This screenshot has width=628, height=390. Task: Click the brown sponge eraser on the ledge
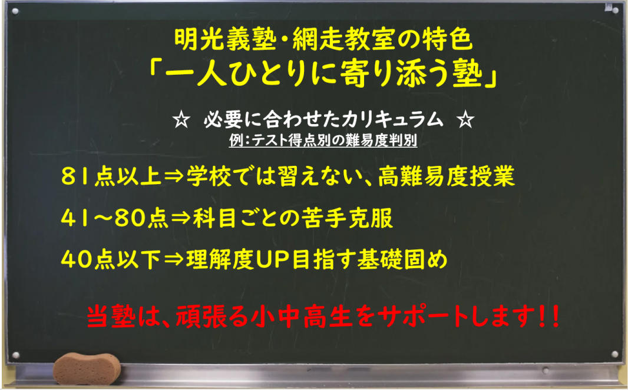87,368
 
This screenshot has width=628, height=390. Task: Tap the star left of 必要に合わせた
181,120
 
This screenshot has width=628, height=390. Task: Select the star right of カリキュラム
465,120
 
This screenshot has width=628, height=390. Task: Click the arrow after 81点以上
174,176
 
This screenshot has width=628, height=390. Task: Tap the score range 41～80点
115,218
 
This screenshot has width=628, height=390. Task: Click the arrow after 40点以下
174,260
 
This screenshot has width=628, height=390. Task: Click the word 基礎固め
402,259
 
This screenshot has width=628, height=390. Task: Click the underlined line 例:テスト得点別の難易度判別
323,141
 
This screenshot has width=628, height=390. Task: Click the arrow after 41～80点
181,218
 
